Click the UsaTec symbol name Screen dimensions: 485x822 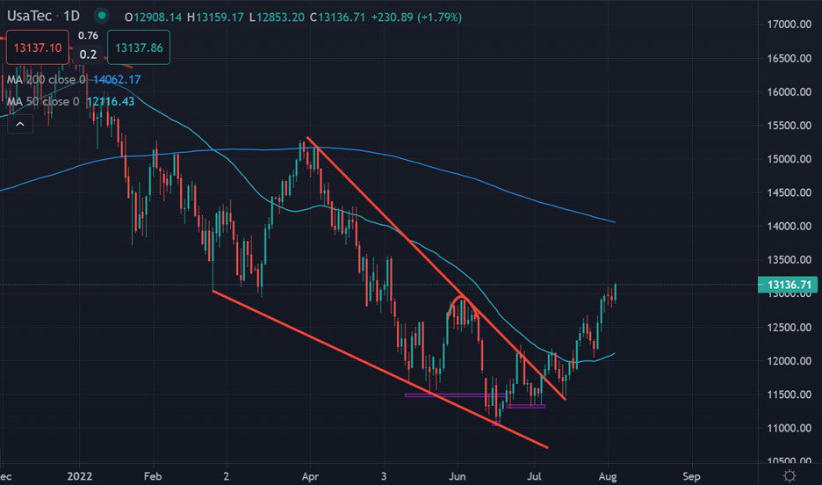31,17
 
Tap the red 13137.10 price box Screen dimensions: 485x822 35,47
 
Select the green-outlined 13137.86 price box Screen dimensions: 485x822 138,47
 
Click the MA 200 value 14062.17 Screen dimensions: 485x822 113,79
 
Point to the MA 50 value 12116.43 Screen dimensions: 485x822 110,102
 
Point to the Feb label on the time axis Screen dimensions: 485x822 153,476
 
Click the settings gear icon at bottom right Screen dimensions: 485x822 790,475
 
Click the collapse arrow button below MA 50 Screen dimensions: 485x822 19,125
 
